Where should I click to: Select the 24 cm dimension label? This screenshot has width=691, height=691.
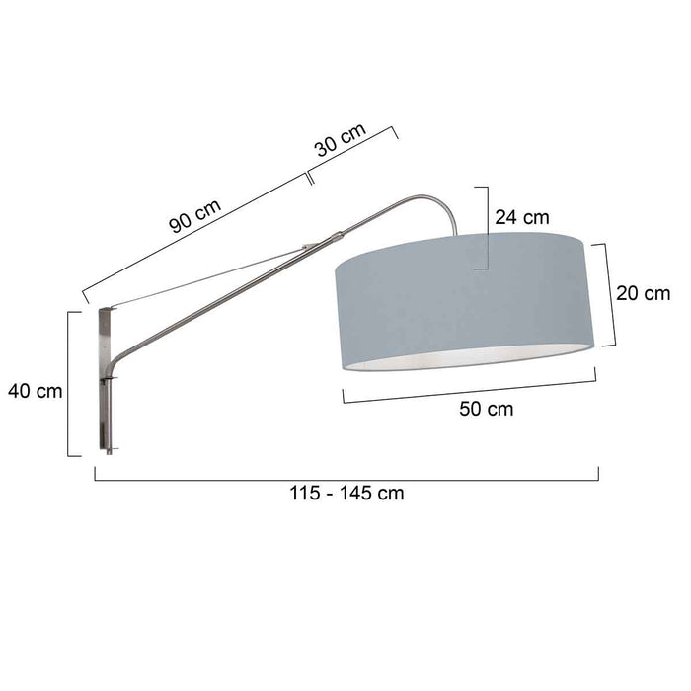(x=522, y=218)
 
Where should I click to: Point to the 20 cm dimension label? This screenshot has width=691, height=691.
(x=643, y=293)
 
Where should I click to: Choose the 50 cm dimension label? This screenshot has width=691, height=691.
(x=487, y=410)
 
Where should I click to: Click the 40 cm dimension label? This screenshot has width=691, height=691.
(x=35, y=391)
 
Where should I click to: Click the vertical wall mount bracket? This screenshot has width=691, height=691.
(x=107, y=380)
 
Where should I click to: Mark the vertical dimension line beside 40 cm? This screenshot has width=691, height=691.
(x=69, y=385)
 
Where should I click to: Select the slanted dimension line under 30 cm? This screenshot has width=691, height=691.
(x=352, y=155)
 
